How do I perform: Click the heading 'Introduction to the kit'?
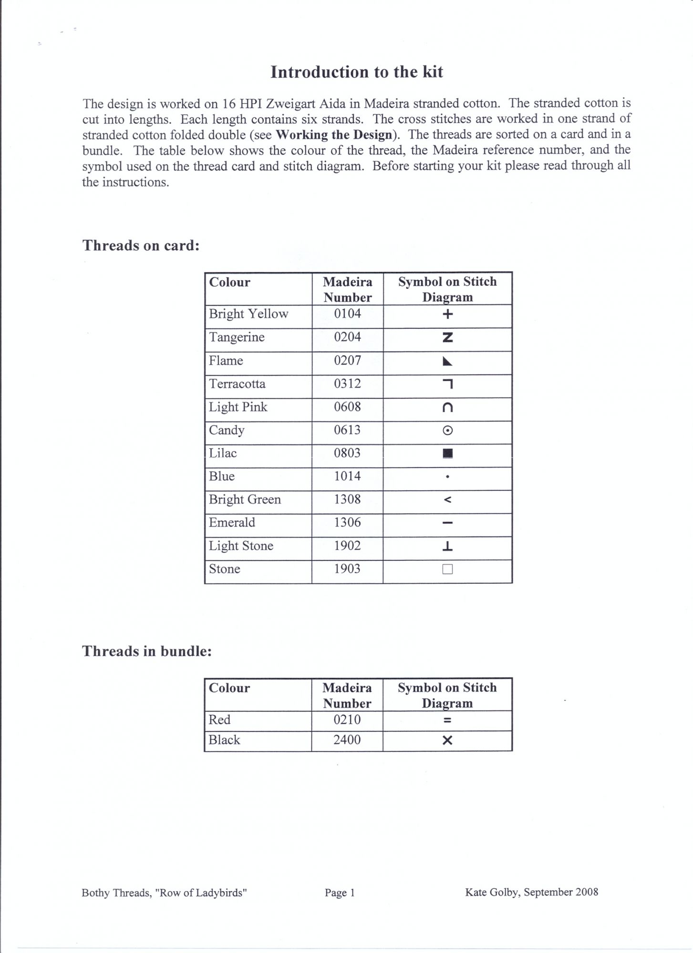click(x=357, y=72)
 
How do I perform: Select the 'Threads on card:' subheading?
click(x=141, y=245)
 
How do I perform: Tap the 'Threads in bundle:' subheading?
click(x=147, y=651)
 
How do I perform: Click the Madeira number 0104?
click(x=347, y=314)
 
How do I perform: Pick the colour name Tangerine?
click(x=237, y=337)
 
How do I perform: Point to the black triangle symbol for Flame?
click(x=447, y=362)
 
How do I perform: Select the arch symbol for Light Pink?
click(x=447, y=407)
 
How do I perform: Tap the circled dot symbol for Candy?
click(x=447, y=430)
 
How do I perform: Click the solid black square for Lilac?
click(x=447, y=453)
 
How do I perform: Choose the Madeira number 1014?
click(x=347, y=476)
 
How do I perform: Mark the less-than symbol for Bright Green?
click(x=447, y=500)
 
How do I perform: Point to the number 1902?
click(x=347, y=546)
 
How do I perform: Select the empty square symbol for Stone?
click(x=447, y=569)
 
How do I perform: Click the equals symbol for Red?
click(x=447, y=720)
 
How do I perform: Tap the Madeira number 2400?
click(x=347, y=740)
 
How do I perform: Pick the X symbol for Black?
click(x=447, y=740)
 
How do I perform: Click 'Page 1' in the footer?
click(x=340, y=892)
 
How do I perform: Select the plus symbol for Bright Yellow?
click(x=447, y=314)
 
